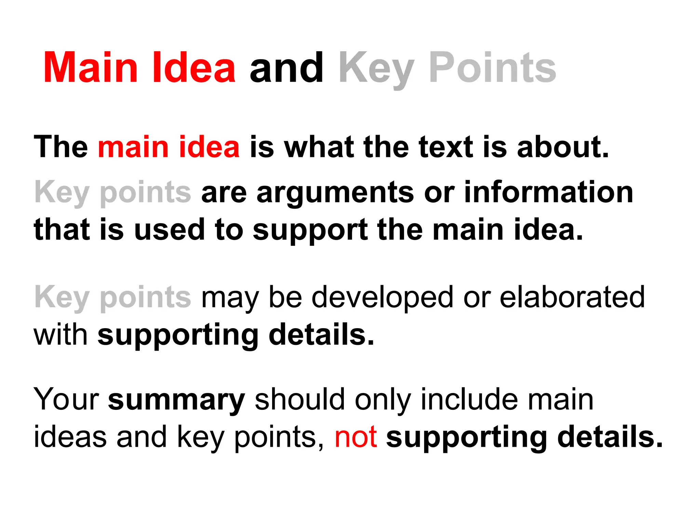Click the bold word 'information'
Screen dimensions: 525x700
tap(549, 192)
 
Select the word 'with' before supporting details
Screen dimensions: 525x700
tap(60, 334)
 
